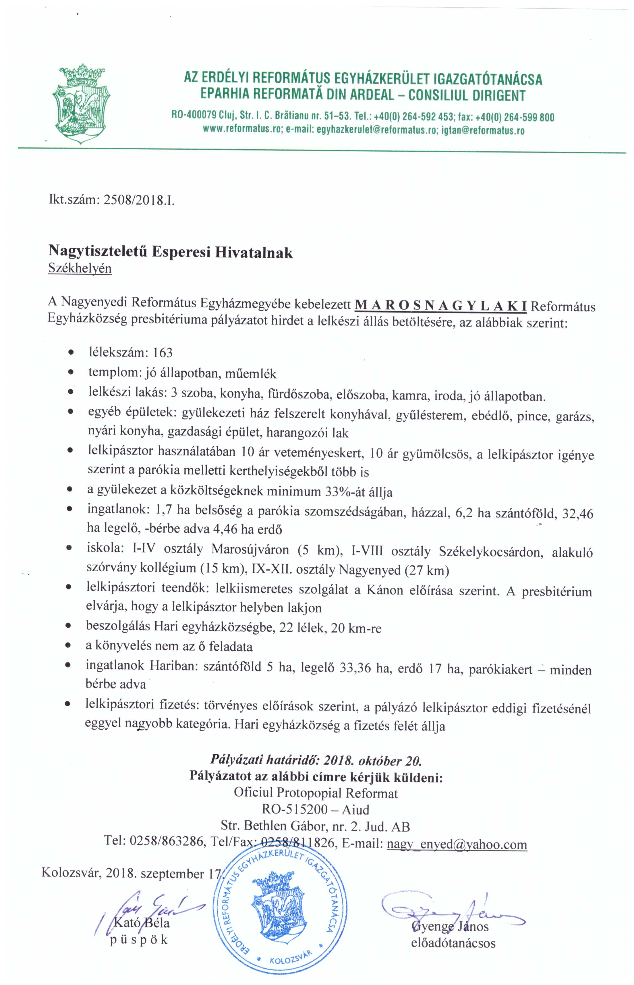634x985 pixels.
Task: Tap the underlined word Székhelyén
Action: coord(80,269)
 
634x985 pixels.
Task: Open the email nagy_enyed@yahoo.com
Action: coord(457,844)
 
